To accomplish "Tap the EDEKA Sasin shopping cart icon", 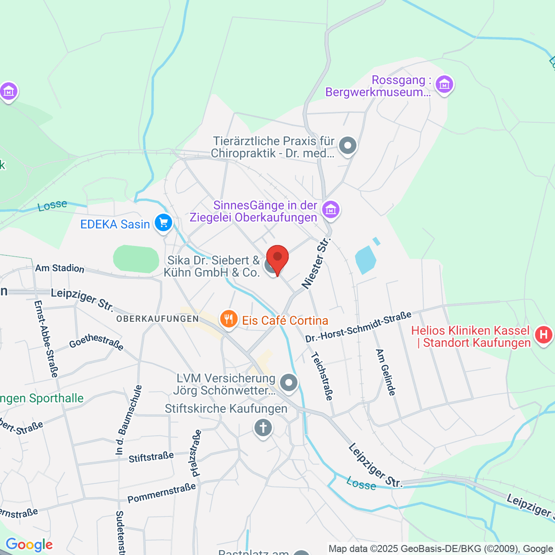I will point(163,223).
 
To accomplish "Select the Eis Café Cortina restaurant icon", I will point(228,319).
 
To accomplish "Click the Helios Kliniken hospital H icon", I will point(543,335).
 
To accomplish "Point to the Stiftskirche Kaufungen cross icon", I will point(263,428).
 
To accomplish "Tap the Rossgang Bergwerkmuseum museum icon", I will point(444,85).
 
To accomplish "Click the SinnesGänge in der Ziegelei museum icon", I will point(331,210).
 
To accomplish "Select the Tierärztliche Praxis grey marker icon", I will point(348,146).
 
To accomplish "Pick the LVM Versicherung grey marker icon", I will point(289,383).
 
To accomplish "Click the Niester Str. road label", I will point(317,263).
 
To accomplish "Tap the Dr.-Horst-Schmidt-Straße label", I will point(358,327).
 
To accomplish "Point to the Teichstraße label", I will point(322,376).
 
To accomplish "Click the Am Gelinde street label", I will point(386,372).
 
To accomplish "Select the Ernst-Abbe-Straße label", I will point(46,339).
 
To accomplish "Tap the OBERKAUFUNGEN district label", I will point(157,319).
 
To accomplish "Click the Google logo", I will point(29,545).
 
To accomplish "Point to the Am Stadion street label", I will point(60,268).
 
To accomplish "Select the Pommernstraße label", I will point(162,493).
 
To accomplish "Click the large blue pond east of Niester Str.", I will point(365,259).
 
